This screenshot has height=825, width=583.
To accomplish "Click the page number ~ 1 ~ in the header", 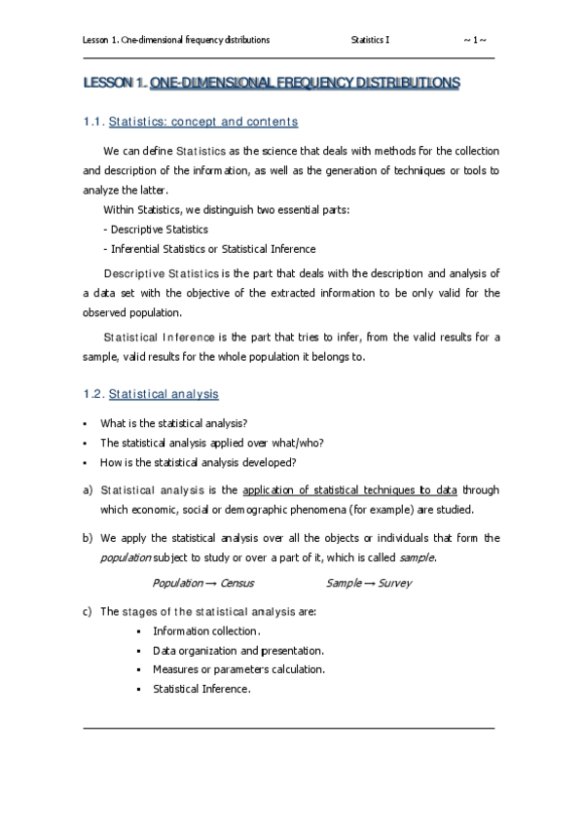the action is click(476, 40).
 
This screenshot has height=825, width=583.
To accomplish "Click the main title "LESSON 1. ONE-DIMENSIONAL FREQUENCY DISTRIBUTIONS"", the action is click(272, 86).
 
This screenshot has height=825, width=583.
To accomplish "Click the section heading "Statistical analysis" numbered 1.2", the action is click(164, 394).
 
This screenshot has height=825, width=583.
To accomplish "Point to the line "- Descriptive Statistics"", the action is click(155, 230).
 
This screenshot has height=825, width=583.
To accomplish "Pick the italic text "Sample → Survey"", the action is click(369, 583).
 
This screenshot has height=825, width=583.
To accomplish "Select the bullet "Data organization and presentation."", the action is click(238, 650).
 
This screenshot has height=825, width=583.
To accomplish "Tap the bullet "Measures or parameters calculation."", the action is click(238, 669).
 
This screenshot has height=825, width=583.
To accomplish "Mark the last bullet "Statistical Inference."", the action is click(201, 689).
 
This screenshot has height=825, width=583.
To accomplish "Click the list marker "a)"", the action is click(89, 489).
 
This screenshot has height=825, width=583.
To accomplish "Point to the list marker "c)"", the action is click(89, 611).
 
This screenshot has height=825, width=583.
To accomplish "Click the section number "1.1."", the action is click(93, 122).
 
